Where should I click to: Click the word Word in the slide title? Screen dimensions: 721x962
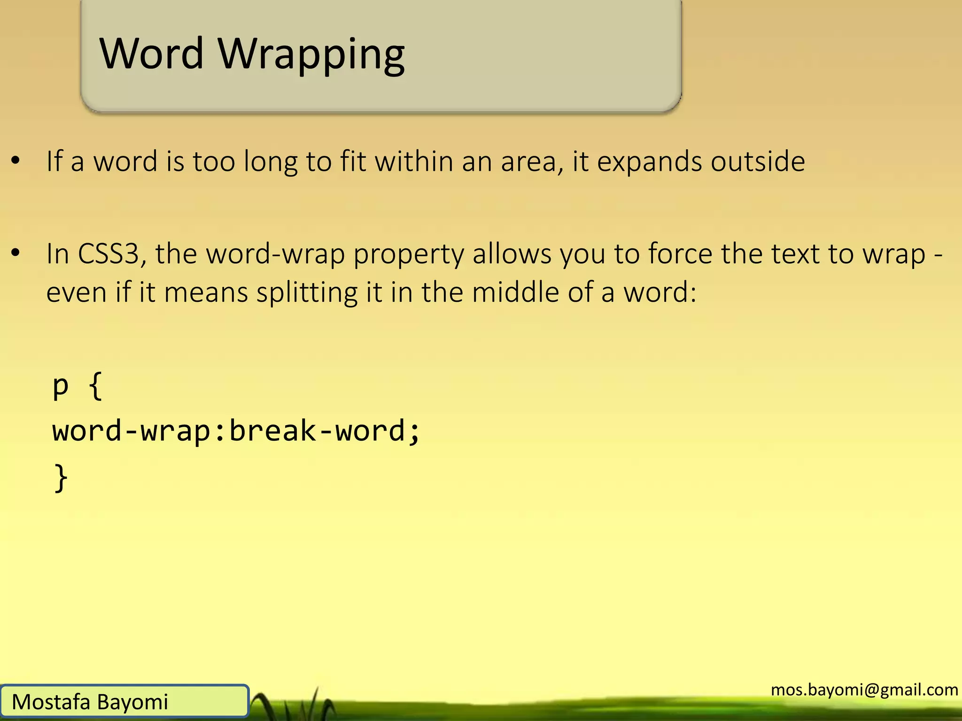tap(151, 54)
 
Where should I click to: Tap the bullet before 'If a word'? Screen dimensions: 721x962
tap(16, 161)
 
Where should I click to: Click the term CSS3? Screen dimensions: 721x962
tap(112, 254)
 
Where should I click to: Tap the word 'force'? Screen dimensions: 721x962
tap(681, 254)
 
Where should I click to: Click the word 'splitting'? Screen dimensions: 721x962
tap(307, 293)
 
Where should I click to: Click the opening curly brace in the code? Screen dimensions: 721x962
tap(95, 386)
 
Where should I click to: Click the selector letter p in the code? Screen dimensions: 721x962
tap(61, 387)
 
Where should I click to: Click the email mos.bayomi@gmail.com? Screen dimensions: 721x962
tap(864, 690)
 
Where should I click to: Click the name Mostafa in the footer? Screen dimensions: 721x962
tap(51, 702)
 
